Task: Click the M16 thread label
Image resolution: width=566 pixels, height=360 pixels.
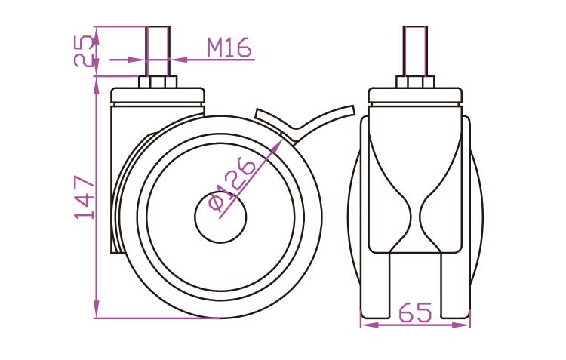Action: click(229, 48)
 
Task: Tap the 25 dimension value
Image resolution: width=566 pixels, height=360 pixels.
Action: click(84, 51)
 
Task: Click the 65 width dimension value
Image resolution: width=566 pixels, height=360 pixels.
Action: click(415, 312)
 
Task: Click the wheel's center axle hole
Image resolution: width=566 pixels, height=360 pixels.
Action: click(220, 217)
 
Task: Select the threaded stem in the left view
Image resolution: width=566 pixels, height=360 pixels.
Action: click(158, 51)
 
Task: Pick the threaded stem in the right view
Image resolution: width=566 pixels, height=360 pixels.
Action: click(415, 51)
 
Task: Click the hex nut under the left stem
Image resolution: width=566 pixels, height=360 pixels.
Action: click(158, 82)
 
